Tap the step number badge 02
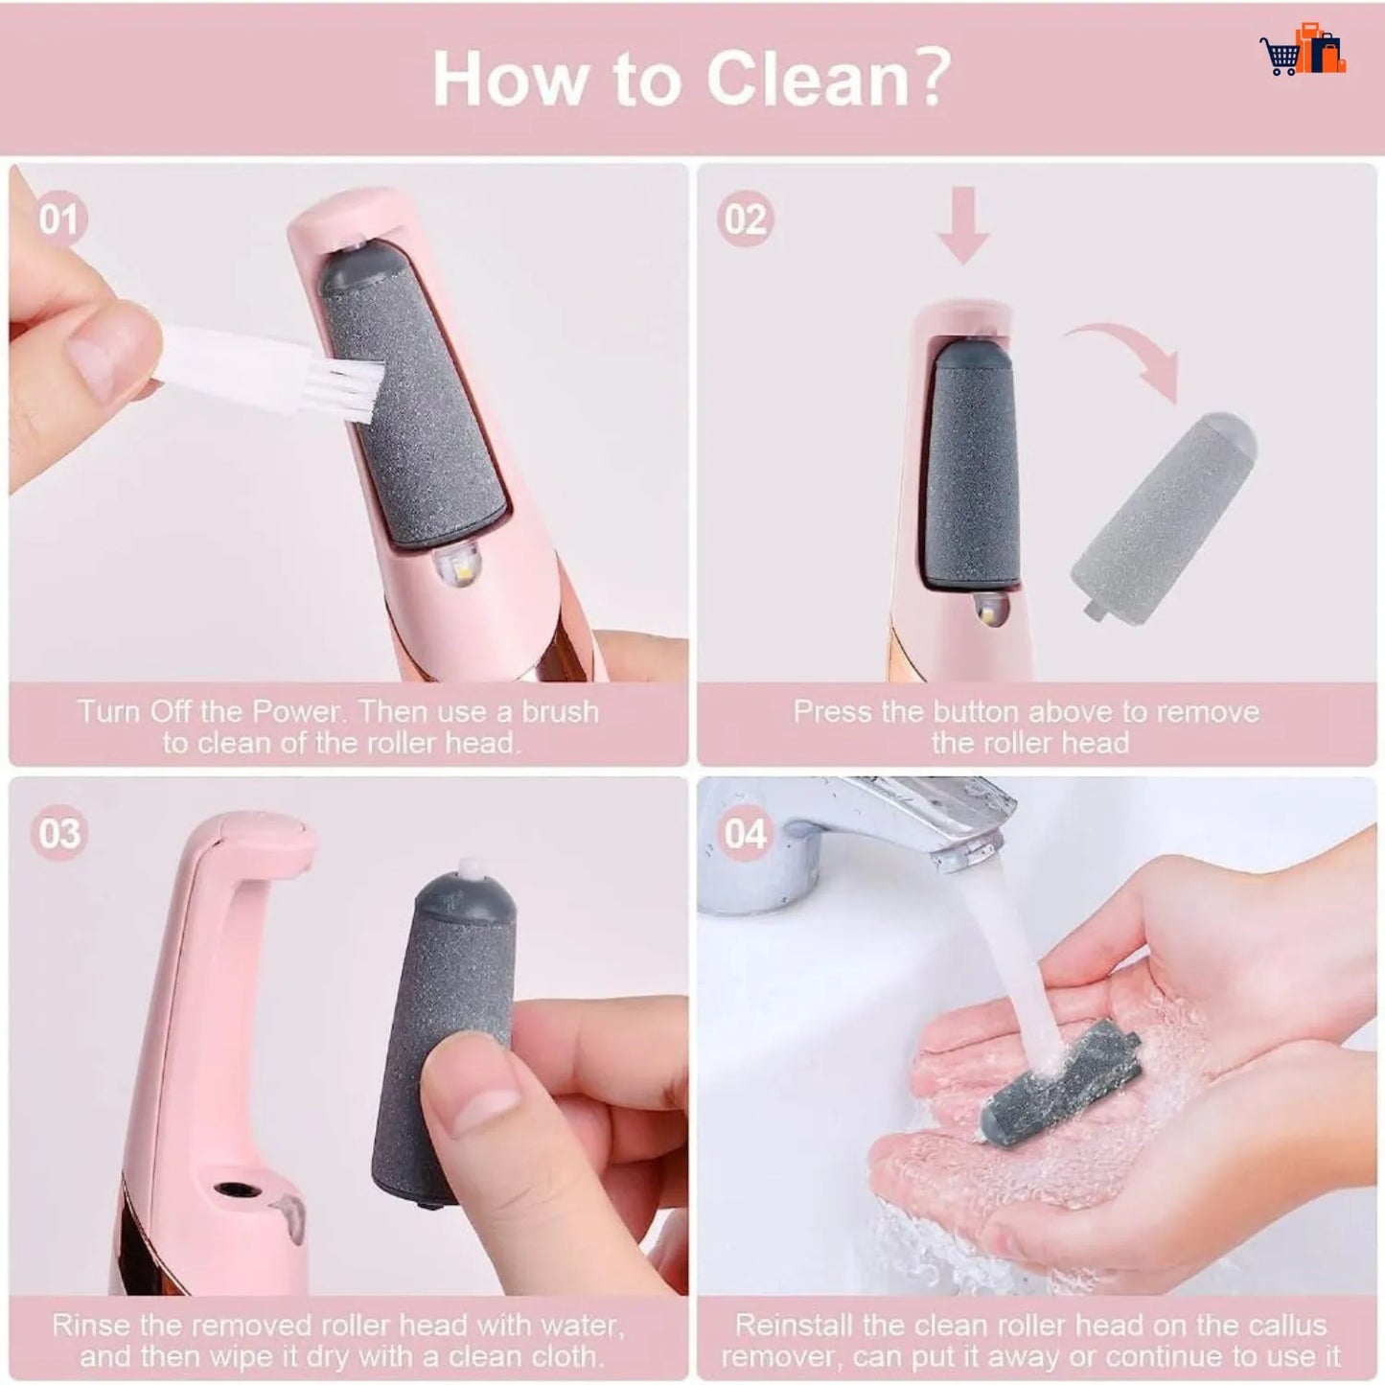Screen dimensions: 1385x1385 pyautogui.click(x=745, y=219)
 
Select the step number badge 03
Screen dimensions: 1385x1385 pyautogui.click(x=58, y=833)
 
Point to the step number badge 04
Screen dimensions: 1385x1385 pyautogui.click(x=745, y=833)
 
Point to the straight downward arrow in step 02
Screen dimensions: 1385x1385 pyautogui.click(x=963, y=225)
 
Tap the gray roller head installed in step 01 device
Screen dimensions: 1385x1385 pyautogui.click(x=412, y=403)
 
